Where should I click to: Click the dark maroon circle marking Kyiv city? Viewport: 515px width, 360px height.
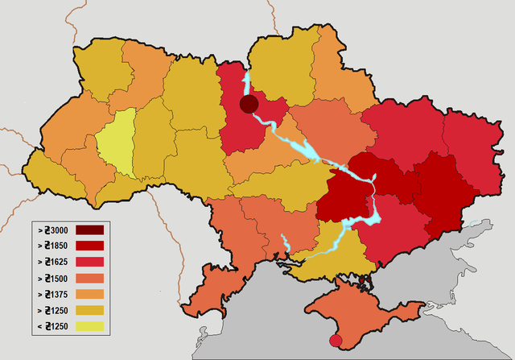click(249, 104)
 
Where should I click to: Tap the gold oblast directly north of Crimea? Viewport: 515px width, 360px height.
click(322, 250)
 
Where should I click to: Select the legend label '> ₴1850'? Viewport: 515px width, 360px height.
click(56, 246)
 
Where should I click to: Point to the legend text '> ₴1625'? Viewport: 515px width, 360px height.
click(56, 262)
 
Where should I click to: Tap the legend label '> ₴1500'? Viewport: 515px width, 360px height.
click(56, 278)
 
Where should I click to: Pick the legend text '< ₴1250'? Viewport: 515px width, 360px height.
click(56, 325)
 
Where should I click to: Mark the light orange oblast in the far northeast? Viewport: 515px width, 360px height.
click(338, 68)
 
